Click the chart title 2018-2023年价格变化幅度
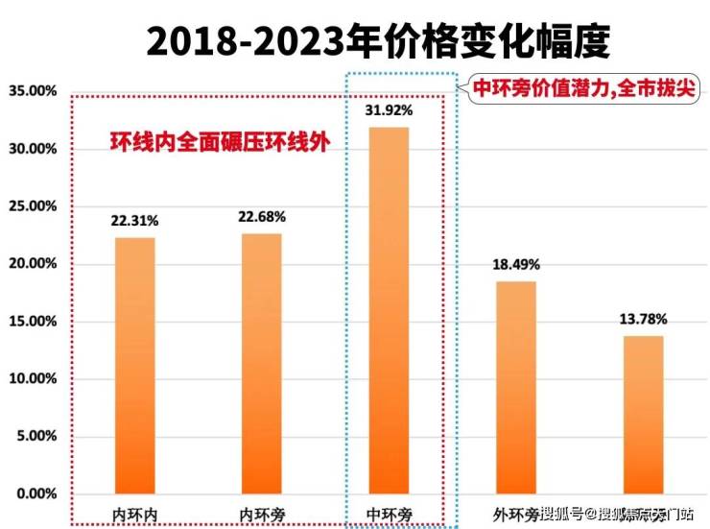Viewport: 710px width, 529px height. point(378,41)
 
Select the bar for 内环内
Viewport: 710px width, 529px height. point(134,365)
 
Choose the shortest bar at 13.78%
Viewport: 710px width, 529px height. point(644,414)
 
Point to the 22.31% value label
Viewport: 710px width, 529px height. point(134,221)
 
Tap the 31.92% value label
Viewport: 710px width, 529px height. point(389,110)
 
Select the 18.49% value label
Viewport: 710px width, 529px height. point(516,264)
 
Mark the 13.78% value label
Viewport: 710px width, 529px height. point(644,318)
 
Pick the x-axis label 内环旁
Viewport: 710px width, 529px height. point(261,512)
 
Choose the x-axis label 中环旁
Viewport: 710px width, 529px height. point(390,512)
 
